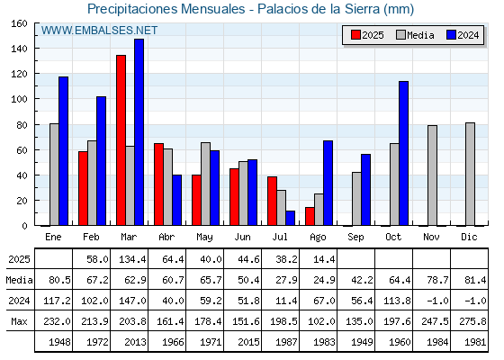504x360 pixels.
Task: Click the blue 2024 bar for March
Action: pyautogui.click(x=139, y=132)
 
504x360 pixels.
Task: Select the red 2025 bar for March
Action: pyautogui.click(x=121, y=140)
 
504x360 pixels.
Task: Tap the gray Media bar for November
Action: pyautogui.click(x=432, y=175)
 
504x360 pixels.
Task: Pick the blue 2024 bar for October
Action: pyautogui.click(x=404, y=153)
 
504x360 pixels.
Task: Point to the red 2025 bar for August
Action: pyautogui.click(x=310, y=216)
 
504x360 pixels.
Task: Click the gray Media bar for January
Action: pyautogui.click(x=54, y=175)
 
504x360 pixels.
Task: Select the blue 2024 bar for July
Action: pyautogui.click(x=290, y=218)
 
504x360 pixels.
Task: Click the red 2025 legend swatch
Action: pyautogui.click(x=355, y=35)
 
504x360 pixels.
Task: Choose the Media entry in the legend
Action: pyautogui.click(x=415, y=35)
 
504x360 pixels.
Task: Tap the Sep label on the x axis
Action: pyautogui.click(x=355, y=238)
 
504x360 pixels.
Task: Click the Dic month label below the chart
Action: pyautogui.click(x=469, y=237)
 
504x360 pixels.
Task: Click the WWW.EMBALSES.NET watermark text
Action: pyautogui.click(x=99, y=31)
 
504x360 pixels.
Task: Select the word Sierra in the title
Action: pyautogui.click(x=362, y=9)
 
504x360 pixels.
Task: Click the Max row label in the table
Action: pyautogui.click(x=19, y=321)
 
